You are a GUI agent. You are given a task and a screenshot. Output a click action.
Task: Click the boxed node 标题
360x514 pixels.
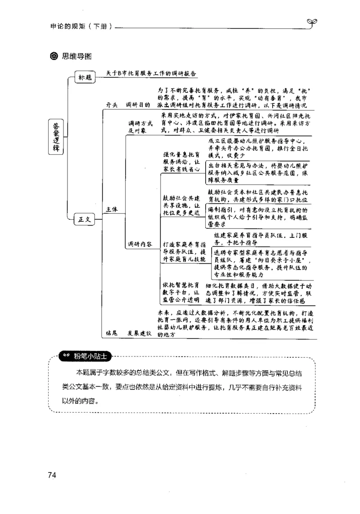85,77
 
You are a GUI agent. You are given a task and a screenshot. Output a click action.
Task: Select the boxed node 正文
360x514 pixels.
85,220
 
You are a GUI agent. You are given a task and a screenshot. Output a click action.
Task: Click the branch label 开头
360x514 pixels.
112,105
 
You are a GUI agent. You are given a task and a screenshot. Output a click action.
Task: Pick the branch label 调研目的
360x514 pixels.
138,105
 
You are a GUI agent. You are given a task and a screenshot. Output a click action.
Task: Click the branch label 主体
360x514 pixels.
112,209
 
